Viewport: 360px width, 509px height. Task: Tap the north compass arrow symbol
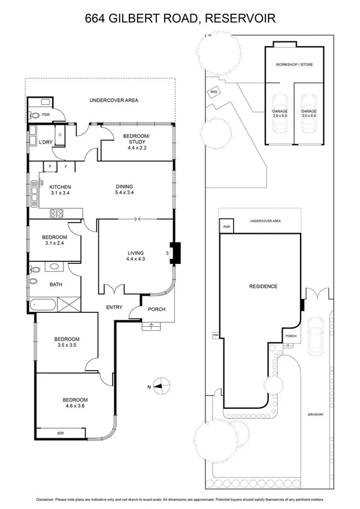(158, 387)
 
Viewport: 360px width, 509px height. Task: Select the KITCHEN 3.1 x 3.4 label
(60, 189)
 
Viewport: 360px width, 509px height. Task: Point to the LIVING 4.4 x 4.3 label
(136, 255)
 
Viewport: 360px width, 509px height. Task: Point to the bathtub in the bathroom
(44, 305)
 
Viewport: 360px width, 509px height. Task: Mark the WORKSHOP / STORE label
(294, 64)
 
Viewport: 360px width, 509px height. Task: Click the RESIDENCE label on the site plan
(263, 287)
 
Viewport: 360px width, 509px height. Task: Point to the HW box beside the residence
(215, 335)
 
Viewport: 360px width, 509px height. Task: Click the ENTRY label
(114, 308)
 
